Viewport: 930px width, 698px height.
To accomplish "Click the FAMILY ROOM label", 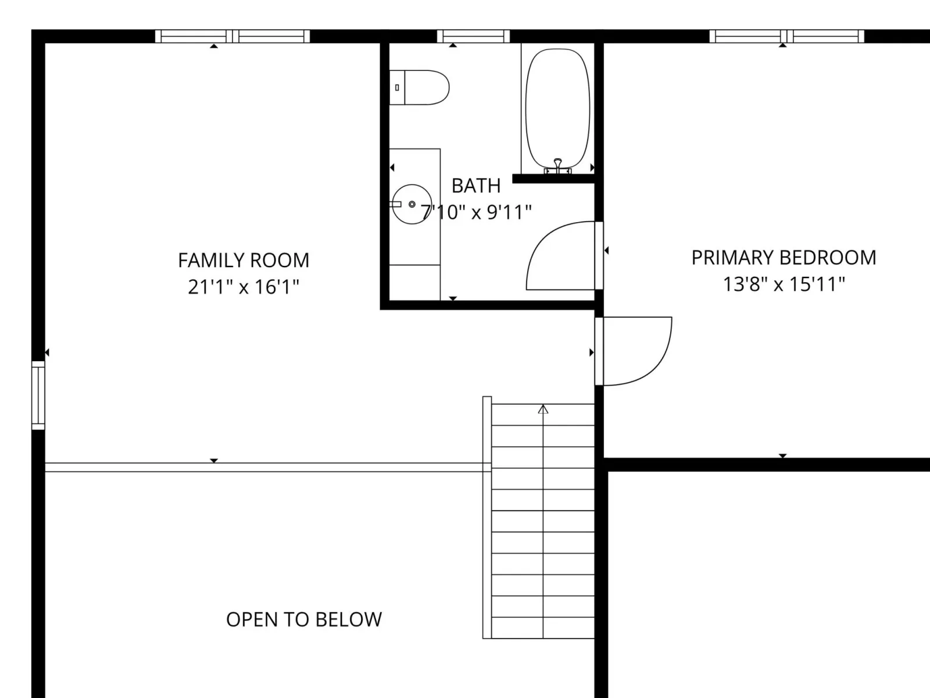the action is pos(244,260).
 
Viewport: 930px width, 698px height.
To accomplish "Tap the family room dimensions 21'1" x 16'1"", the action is pos(244,287).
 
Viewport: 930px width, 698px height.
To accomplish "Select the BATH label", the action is pos(476,186).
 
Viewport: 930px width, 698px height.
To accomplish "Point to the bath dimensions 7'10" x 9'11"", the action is pos(476,212).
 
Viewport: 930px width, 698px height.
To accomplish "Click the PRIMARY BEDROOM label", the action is pos(784,258).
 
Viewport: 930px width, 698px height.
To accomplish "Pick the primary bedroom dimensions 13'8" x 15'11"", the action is pos(784,284).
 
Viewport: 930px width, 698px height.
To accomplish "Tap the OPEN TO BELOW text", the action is pos(304,619).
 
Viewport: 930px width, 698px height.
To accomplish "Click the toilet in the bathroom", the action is pos(419,87).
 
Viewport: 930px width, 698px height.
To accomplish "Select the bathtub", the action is pos(557,109).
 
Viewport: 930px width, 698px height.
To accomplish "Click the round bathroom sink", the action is pos(412,204).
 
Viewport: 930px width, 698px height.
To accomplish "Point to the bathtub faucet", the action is pos(557,166).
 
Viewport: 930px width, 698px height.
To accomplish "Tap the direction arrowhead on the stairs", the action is pos(543,409).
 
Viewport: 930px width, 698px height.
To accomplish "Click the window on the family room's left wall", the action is pos(38,395).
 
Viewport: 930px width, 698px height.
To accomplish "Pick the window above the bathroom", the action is pos(473,37).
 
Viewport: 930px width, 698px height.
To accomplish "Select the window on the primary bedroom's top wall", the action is pos(787,37).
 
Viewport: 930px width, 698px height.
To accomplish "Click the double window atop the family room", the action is pos(232,37).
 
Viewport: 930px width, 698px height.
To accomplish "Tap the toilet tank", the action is pos(397,87).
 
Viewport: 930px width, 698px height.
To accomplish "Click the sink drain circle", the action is pos(412,204).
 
